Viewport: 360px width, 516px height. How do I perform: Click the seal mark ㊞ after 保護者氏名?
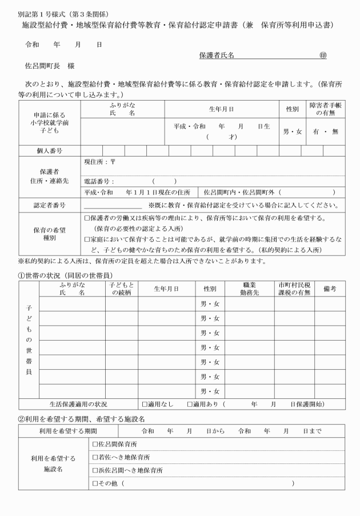(323, 55)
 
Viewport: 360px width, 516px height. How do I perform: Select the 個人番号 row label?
(49, 150)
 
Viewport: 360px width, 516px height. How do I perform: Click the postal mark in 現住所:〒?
(113, 162)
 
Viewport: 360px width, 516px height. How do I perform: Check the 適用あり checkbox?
(190, 405)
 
